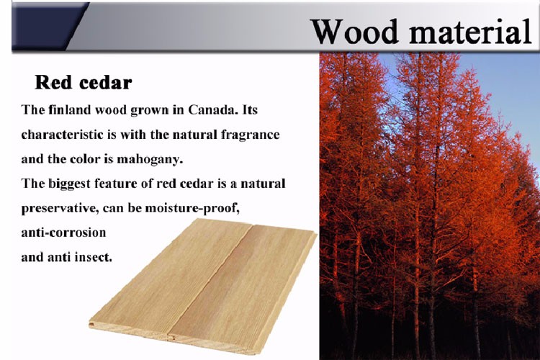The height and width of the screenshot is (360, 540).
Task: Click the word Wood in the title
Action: [355, 32]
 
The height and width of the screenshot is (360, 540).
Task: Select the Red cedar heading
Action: [84, 83]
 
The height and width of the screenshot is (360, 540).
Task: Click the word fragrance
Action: [250, 135]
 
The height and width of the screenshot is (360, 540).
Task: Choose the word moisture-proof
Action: [192, 209]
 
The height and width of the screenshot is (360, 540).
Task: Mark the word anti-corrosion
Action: [63, 233]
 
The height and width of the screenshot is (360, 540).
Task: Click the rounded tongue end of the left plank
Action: [91, 324]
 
